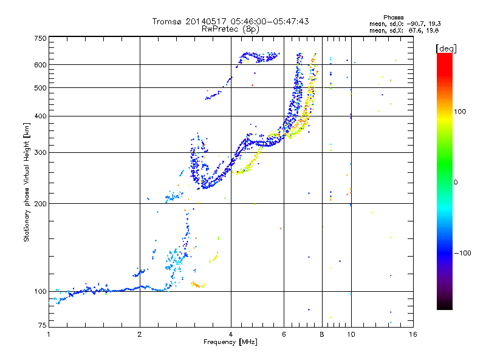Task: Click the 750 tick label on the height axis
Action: [40, 38]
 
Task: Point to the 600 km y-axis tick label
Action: [40, 65]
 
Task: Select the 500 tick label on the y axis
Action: [40, 88]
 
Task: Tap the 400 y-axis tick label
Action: [40, 116]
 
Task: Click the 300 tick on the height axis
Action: [40, 152]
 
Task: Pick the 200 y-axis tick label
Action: [40, 203]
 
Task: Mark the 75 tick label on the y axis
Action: [42, 326]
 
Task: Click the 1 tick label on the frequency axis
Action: [49, 334]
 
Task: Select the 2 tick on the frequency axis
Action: [140, 334]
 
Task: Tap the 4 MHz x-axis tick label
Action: [231, 334]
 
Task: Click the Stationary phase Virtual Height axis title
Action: [27, 182]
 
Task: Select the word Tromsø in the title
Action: [167, 21]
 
